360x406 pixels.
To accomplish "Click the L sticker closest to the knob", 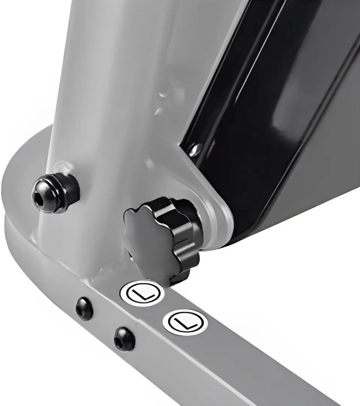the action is click(x=142, y=293).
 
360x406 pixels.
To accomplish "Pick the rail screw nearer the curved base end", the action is click(x=85, y=308).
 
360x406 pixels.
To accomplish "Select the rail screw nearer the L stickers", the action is click(x=124, y=338).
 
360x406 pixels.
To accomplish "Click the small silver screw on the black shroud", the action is click(x=195, y=150).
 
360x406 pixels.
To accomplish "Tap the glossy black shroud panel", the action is click(x=272, y=117).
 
